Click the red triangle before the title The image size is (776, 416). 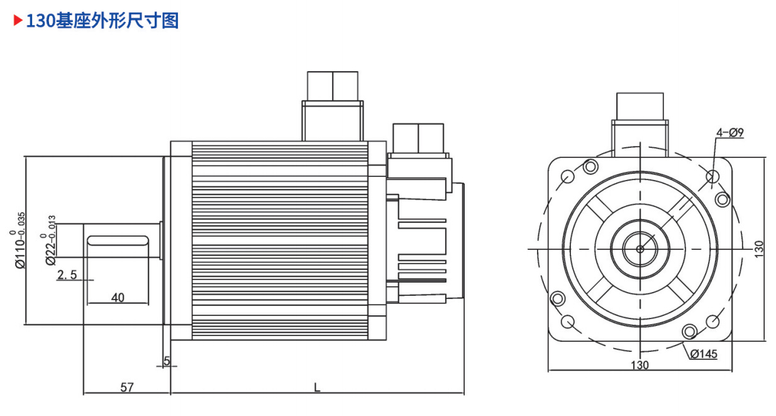click(x=18, y=20)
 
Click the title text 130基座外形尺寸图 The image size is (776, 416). click(x=103, y=20)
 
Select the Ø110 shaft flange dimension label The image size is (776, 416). click(x=18, y=240)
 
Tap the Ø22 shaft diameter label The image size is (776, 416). click(x=49, y=240)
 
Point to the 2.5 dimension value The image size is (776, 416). click(x=67, y=274)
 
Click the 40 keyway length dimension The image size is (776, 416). click(x=118, y=298)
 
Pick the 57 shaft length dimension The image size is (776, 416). click(x=127, y=387)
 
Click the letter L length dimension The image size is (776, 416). click(x=317, y=387)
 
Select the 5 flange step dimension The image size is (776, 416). click(x=167, y=361)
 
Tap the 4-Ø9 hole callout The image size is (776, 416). click(x=730, y=132)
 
